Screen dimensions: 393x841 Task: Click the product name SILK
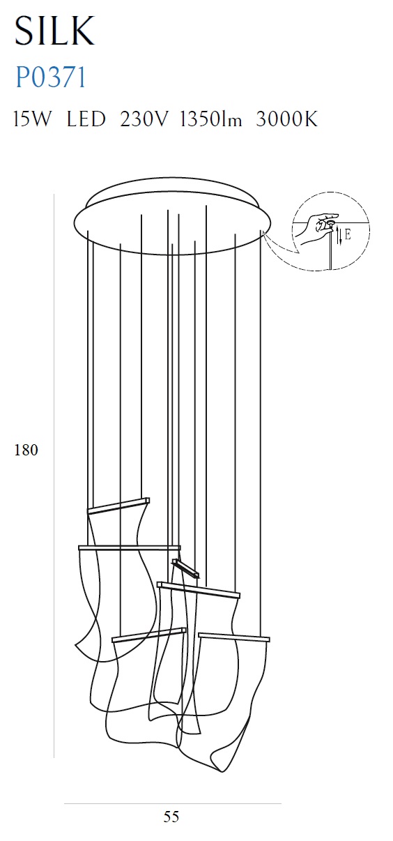(x=55, y=31)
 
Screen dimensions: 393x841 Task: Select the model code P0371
(x=51, y=77)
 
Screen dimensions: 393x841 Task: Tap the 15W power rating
(x=32, y=119)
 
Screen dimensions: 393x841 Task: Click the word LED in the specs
(x=86, y=119)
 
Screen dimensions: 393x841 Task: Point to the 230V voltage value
(x=143, y=119)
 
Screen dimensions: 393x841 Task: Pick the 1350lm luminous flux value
(x=211, y=119)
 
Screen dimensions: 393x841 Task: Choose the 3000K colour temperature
(x=287, y=119)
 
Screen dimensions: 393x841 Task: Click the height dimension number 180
(x=26, y=450)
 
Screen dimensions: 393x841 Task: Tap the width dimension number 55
(x=171, y=817)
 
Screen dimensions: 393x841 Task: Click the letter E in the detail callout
(x=348, y=236)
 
